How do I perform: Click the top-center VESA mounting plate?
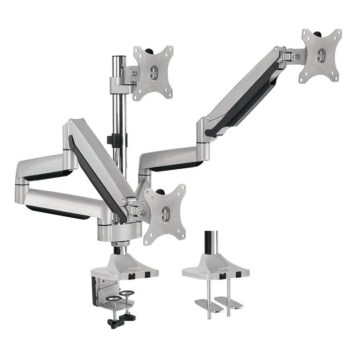pos(153,73)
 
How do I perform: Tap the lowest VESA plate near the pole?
pos(165,214)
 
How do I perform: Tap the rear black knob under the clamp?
pos(128,317)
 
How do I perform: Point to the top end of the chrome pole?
pos(119,57)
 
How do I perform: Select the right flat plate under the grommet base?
pos(229,302)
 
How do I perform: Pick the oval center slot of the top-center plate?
pos(153,73)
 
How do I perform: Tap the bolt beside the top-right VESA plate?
pos(296,57)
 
